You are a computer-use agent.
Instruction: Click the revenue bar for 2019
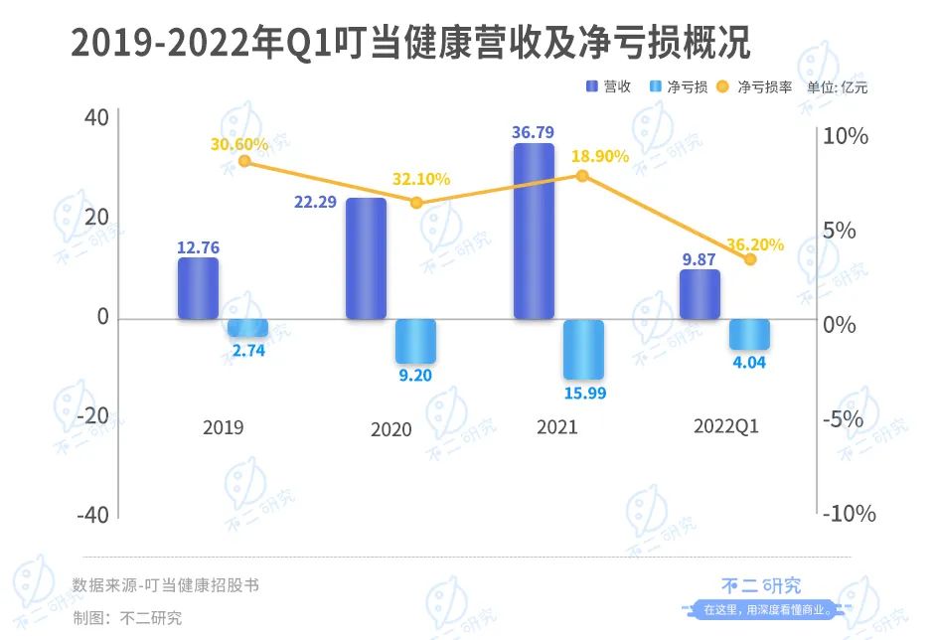click(x=198, y=288)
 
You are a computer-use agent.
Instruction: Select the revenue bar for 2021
click(x=534, y=231)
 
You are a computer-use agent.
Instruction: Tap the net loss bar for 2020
click(x=415, y=341)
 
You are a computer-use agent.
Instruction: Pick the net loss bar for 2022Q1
click(x=749, y=334)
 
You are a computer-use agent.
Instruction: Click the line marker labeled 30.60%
click(x=245, y=161)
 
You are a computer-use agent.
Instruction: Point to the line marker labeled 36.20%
click(x=750, y=259)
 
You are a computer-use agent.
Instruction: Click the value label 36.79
click(x=535, y=131)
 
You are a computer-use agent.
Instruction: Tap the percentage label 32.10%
click(x=419, y=180)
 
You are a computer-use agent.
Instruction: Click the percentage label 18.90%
click(x=600, y=156)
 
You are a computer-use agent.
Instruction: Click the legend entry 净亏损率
click(x=764, y=86)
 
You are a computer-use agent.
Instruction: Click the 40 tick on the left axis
click(x=96, y=117)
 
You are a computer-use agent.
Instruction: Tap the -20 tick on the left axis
click(x=90, y=415)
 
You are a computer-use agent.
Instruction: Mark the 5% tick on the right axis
click(x=852, y=231)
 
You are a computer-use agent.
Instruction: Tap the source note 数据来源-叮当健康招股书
click(x=166, y=585)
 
